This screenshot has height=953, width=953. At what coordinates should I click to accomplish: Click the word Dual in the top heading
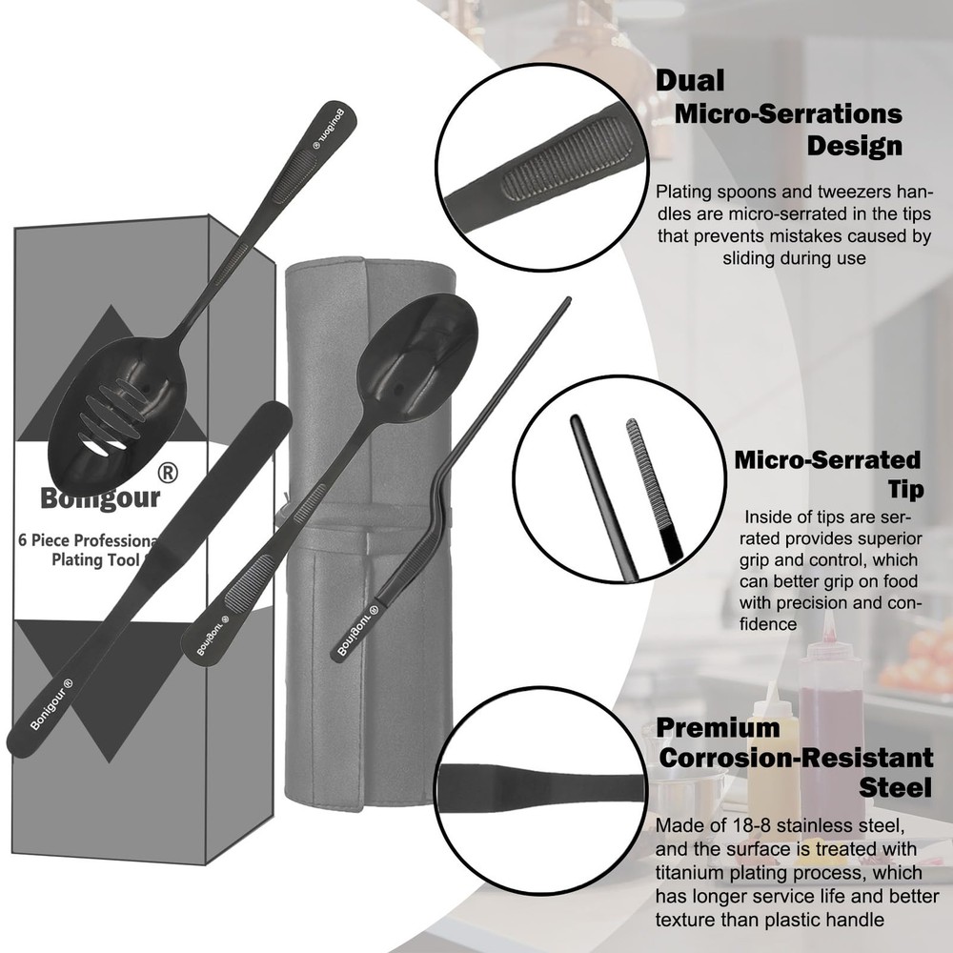point(690,80)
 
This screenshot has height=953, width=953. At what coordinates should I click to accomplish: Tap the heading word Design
point(854,147)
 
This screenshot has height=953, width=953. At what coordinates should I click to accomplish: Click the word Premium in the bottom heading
point(718,728)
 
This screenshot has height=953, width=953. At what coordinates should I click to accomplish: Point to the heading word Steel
point(895,788)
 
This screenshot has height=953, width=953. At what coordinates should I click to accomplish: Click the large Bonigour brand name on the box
point(100,497)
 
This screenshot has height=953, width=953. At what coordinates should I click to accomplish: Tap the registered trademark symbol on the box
point(169,472)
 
